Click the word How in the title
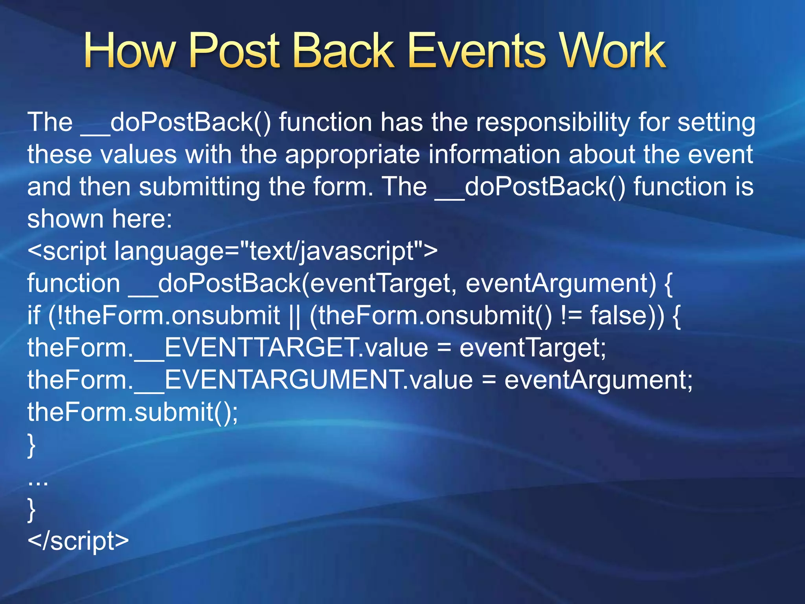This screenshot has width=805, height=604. [x=129, y=51]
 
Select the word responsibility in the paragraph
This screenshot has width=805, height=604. [x=552, y=123]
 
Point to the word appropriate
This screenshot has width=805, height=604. [x=352, y=155]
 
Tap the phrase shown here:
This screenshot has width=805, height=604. [x=100, y=219]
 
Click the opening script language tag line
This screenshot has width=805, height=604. [x=232, y=252]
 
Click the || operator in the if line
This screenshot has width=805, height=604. [x=294, y=316]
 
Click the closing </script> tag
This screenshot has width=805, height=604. [x=78, y=541]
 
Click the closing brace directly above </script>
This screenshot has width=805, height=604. [x=31, y=510]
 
